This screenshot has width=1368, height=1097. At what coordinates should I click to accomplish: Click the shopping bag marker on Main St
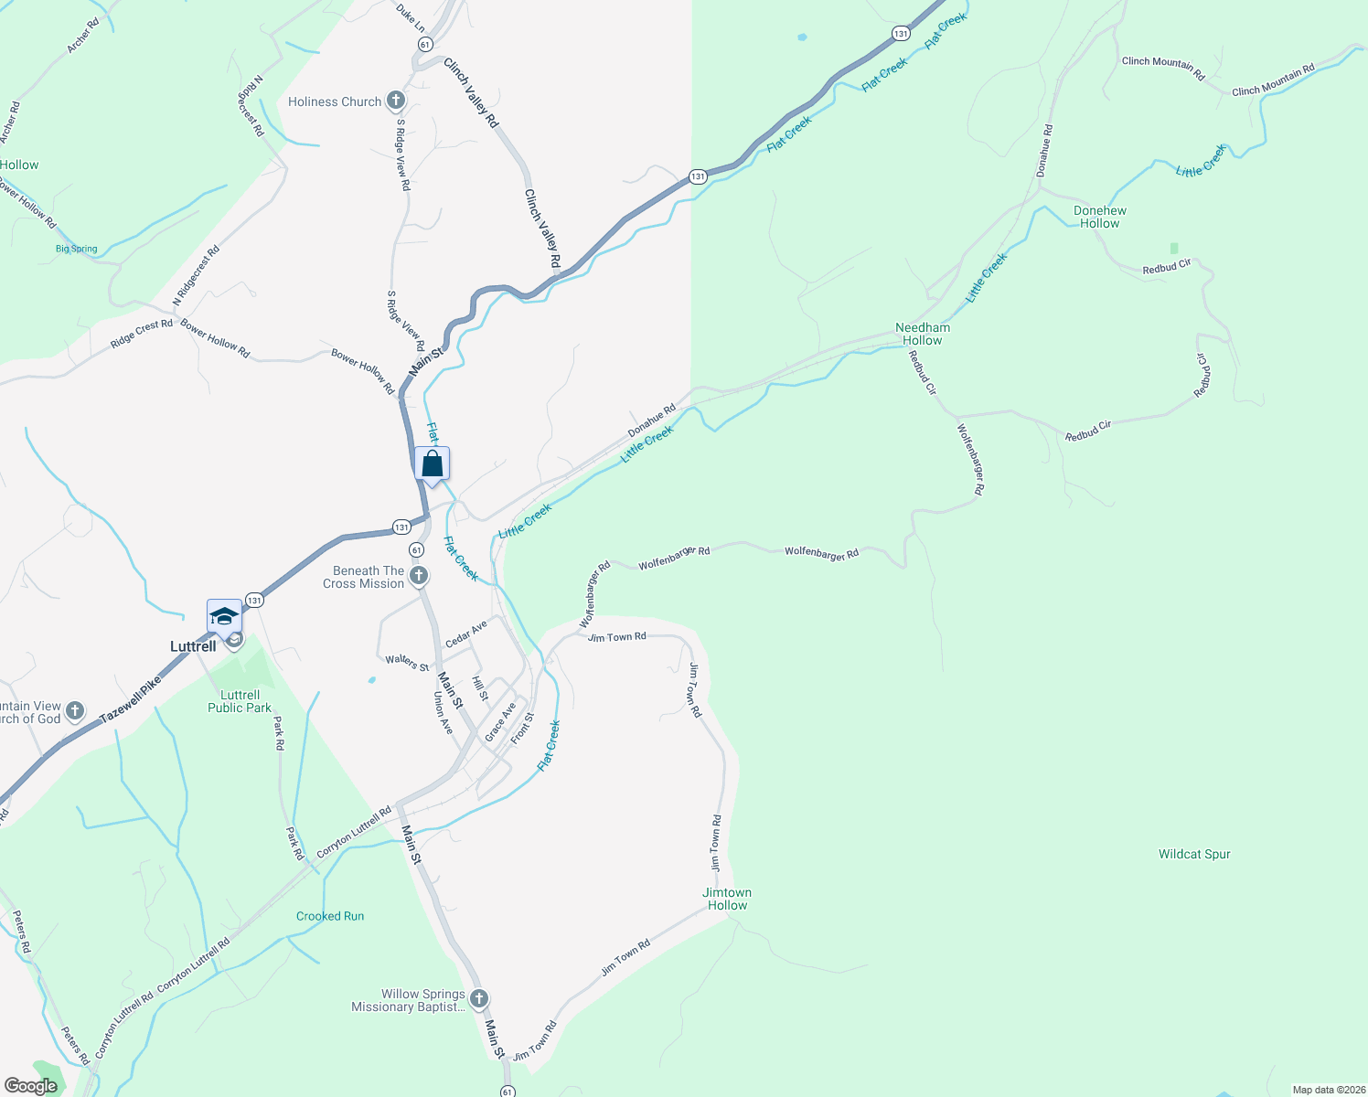click(x=433, y=463)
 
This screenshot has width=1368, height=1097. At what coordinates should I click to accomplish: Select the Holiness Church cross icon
click(x=395, y=101)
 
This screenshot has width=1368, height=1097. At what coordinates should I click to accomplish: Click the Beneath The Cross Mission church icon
click(x=418, y=576)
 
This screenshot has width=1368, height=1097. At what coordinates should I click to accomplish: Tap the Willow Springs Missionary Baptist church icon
click(x=479, y=999)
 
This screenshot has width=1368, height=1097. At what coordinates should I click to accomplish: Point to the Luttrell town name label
click(x=193, y=646)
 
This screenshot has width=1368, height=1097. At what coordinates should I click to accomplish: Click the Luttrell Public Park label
click(x=240, y=701)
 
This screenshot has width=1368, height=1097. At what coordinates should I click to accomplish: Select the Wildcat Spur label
click(x=1194, y=854)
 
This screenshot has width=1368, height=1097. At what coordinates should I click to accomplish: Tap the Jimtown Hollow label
click(x=727, y=899)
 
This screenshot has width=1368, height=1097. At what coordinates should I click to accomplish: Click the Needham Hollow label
click(x=922, y=334)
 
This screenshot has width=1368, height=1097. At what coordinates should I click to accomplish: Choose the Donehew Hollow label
click(x=1099, y=217)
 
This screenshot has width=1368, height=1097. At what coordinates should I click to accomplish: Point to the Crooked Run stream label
click(x=330, y=916)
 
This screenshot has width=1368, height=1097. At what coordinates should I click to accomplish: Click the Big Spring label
click(x=77, y=249)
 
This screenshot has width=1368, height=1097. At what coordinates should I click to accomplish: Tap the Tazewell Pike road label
click(x=130, y=699)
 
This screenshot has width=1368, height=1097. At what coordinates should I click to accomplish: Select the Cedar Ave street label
click(x=466, y=634)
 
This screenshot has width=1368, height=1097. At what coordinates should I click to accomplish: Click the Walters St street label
click(x=407, y=662)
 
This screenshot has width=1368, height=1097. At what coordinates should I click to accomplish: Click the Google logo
click(x=30, y=1086)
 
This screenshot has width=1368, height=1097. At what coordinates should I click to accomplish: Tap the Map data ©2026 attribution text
click(x=1327, y=1090)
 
